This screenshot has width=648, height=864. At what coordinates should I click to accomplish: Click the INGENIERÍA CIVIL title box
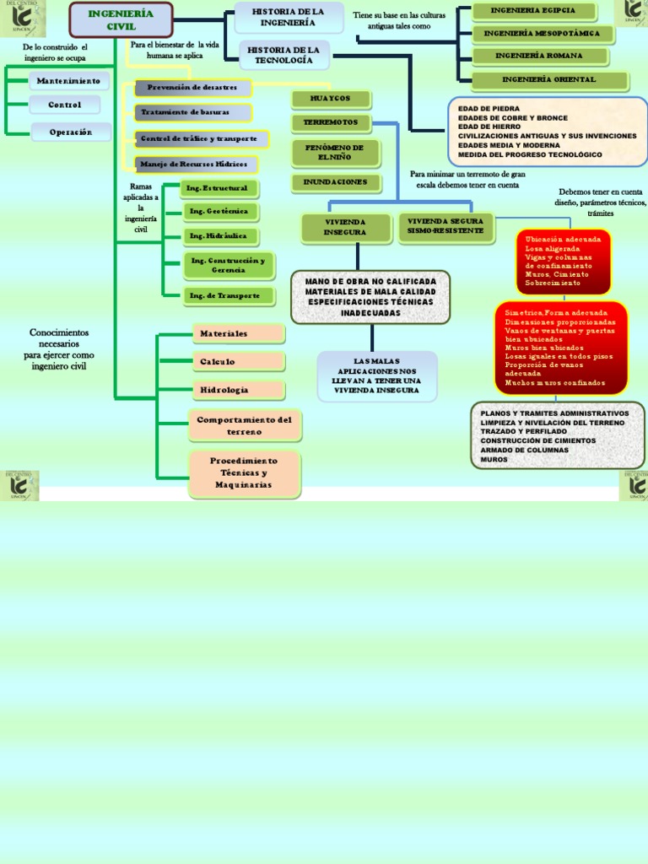(121, 20)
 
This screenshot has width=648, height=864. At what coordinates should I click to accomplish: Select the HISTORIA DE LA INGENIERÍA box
(288, 17)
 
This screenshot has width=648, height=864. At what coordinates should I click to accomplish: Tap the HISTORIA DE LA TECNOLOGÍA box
(285, 56)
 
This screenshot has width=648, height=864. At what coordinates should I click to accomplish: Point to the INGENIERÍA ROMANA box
(539, 57)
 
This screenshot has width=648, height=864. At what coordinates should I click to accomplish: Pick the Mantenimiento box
(68, 81)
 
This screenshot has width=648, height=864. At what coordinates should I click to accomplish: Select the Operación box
(71, 132)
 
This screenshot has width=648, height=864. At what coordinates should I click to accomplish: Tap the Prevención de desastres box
(192, 88)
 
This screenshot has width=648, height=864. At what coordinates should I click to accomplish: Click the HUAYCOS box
(330, 99)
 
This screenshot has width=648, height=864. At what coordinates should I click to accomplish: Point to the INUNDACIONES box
(335, 182)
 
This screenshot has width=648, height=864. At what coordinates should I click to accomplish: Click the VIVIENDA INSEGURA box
(345, 227)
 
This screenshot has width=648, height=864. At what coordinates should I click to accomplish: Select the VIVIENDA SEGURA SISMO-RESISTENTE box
(445, 226)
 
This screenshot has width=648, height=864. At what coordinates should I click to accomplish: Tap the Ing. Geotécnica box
(219, 211)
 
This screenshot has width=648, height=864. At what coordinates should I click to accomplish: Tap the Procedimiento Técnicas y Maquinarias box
(245, 473)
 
